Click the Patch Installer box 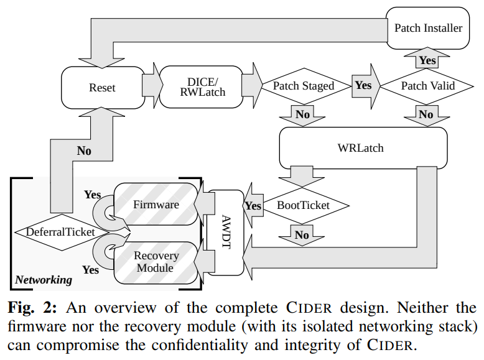pos(428,28)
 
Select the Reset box pos(102,88)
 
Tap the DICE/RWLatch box pos(202,86)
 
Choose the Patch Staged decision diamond pos(303,86)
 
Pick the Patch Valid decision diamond pos(427,86)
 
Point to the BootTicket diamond pos(303,205)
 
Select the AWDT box pos(225,232)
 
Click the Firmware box pos(156,205)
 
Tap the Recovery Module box pos(156,262)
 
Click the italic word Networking pos(44,280)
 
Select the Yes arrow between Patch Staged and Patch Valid pos(363,85)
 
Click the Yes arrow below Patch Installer pos(427,60)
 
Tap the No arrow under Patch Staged pos(303,114)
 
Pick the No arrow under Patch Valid pos(426,114)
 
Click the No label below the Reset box pos(84,150)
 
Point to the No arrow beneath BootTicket pos(302,234)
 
